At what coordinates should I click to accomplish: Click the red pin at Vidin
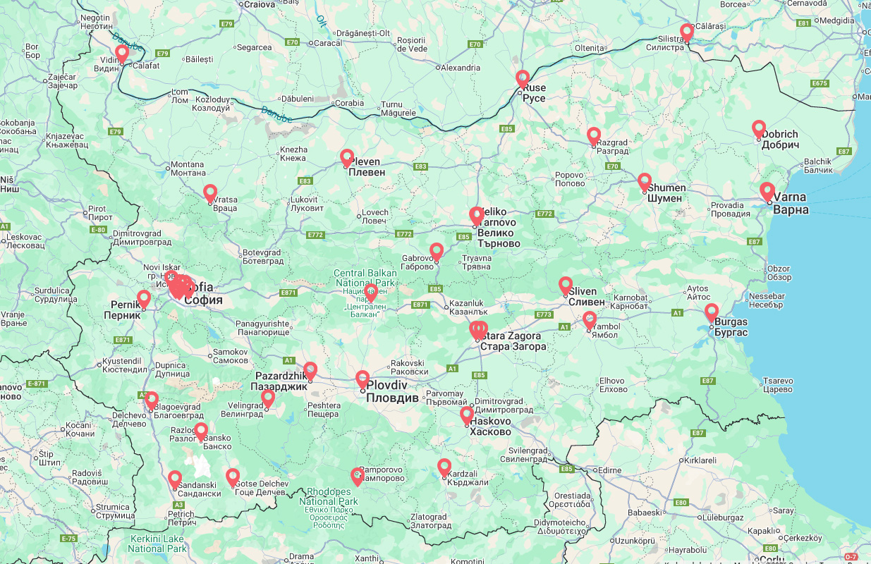[122, 53]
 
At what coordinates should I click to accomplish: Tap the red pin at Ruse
[522, 78]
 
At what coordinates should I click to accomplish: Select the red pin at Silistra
[687, 32]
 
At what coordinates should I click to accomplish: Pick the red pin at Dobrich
[759, 128]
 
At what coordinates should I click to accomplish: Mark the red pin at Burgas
[712, 311]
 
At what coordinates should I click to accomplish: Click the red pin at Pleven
[347, 157]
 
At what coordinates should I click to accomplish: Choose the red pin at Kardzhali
[444, 466]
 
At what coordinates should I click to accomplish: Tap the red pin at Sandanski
[175, 479]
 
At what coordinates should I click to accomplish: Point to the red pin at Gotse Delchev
[233, 477]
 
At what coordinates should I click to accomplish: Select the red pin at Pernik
[144, 298]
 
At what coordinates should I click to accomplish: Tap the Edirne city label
[609, 470]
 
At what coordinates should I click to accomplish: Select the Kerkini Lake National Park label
[158, 543]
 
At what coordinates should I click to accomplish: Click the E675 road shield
[819, 83]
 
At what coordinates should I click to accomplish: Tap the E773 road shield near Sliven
[544, 314]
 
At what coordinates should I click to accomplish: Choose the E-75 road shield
[68, 539]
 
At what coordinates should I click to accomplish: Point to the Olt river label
[322, 20]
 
